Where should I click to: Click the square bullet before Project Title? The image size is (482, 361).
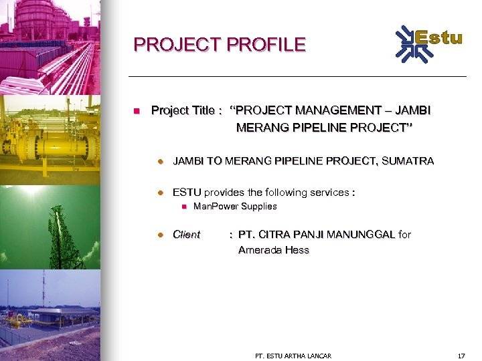click(x=136, y=110)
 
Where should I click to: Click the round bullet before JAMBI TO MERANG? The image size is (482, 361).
click(x=161, y=161)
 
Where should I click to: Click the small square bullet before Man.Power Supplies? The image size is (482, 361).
click(x=183, y=207)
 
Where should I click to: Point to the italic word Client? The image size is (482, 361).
click(x=186, y=235)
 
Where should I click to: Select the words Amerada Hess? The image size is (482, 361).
click(x=274, y=251)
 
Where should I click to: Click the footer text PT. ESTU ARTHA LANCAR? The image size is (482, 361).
click(x=293, y=355)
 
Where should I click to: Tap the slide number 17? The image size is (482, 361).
click(x=461, y=355)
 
